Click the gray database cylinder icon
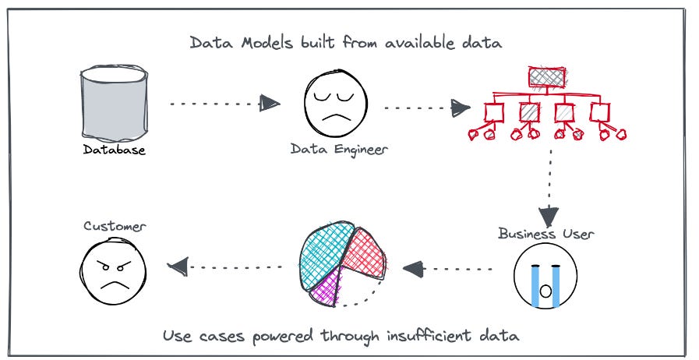click(113, 104)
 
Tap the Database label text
click(115, 150)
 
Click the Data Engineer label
click(339, 149)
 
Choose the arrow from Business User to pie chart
click(449, 270)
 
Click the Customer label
click(114, 227)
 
